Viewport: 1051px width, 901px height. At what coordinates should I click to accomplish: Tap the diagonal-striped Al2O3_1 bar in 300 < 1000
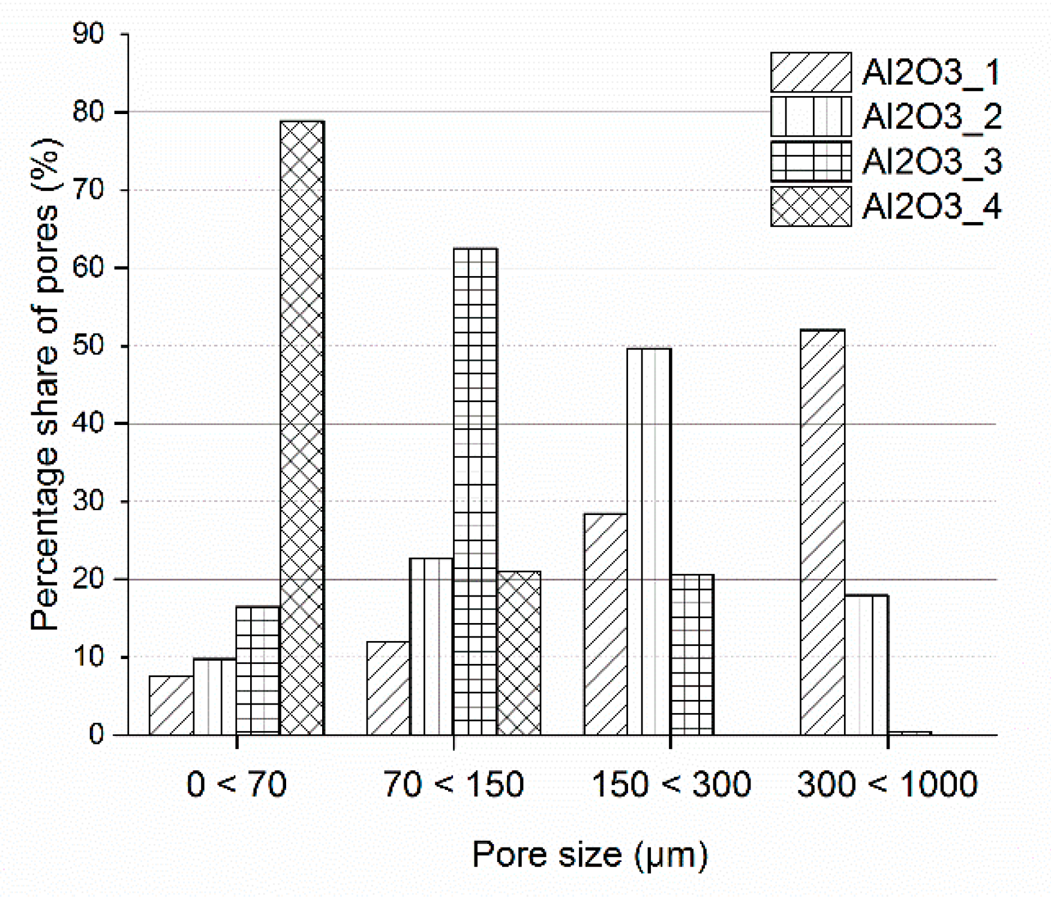822,532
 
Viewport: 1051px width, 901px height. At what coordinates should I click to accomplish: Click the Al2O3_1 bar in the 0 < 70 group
171,705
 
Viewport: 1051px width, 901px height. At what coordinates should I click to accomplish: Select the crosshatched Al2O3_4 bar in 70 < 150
519,653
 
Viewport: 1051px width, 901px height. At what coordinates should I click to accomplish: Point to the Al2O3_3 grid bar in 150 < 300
692,654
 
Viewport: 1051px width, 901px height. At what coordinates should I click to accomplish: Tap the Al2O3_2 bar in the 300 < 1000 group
866,664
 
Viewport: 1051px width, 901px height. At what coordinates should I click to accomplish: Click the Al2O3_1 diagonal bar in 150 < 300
605,624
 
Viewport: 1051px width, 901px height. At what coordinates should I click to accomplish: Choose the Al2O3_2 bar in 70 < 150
431,646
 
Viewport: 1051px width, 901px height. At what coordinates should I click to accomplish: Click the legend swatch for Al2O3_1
810,72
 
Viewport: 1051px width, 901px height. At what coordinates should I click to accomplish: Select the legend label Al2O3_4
932,207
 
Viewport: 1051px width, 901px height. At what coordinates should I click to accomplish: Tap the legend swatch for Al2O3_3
810,161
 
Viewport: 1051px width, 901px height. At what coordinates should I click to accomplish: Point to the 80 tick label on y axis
88,112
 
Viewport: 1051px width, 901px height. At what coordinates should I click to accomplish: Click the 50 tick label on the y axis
88,346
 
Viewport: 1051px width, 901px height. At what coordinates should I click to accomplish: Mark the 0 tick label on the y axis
96,735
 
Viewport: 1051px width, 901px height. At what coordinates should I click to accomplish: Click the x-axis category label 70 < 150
454,785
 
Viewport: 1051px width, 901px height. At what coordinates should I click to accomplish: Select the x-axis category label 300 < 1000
887,785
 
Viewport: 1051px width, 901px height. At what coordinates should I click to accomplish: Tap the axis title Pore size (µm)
590,854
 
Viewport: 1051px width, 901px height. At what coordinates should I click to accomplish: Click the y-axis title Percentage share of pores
47,384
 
